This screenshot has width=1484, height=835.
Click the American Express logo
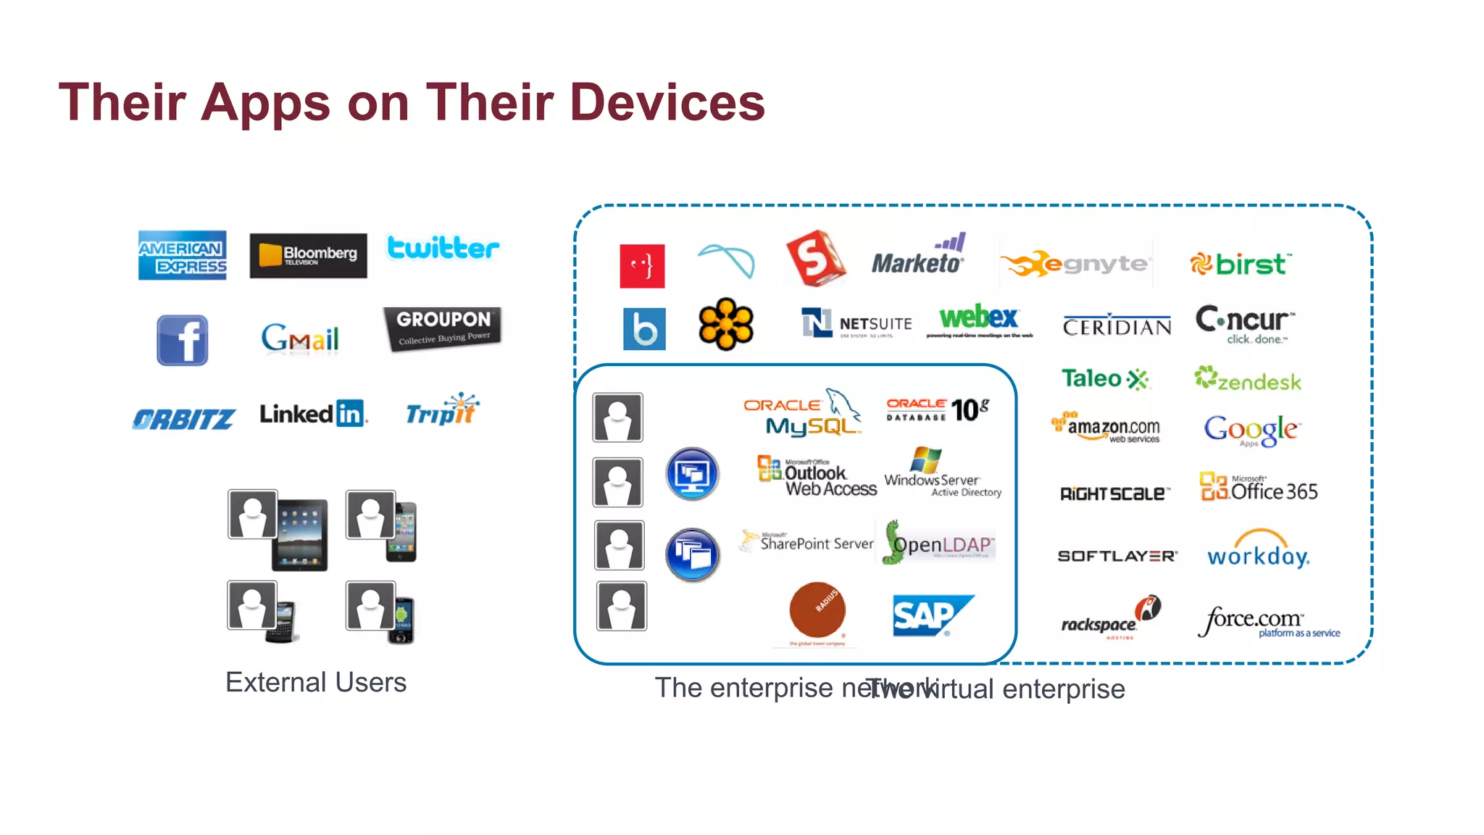pos(182,255)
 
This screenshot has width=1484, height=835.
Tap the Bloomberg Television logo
pos(308,255)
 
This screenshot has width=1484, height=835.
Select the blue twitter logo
pos(443,248)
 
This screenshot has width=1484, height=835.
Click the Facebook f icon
pos(183,340)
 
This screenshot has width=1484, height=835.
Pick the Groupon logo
pos(442,328)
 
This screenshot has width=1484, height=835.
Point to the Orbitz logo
pos(183,418)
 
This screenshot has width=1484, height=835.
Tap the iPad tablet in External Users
pos(300,534)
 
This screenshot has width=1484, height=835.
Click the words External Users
pos(316,682)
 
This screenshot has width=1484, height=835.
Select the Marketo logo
pos(918,256)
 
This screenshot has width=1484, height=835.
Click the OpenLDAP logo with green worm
pos(939,544)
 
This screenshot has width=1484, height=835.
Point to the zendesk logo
pos(1248,379)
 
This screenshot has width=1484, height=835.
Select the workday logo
pos(1258,551)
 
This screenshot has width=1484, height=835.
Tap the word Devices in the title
pos(667,102)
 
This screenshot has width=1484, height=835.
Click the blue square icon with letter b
pos(644,328)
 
